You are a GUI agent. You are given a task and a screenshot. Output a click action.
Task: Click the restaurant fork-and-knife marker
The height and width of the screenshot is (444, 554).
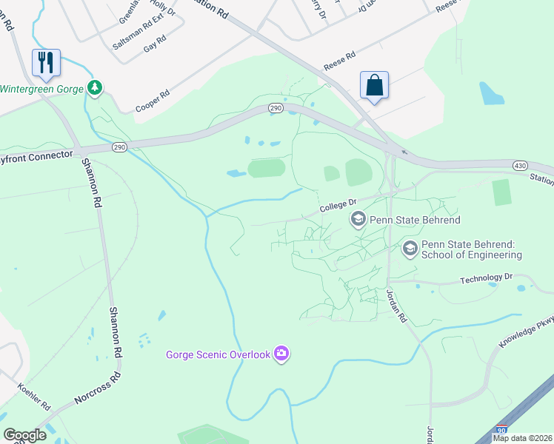(46, 62)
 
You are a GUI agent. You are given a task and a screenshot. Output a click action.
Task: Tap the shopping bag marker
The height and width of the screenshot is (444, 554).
(374, 84)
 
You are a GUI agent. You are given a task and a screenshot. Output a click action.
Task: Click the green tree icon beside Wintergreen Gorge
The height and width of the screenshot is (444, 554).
(94, 89)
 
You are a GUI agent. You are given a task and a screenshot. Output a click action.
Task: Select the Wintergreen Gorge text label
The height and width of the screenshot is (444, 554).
(41, 89)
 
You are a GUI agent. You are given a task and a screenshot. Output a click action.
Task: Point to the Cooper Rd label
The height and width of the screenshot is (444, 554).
(153, 102)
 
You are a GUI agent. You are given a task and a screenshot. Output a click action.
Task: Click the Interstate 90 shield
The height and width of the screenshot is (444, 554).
(501, 430)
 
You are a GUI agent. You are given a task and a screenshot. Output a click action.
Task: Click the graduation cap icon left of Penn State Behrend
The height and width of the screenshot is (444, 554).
(358, 219)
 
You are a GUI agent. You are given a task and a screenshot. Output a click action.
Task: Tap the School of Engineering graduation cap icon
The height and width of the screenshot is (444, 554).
(410, 250)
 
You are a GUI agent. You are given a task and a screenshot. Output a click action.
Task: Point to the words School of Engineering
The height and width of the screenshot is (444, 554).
(471, 255)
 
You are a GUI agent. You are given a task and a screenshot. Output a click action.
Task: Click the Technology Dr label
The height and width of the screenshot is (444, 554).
(486, 279)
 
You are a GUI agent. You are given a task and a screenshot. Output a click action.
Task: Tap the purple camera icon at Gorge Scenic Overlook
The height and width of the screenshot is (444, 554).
(281, 354)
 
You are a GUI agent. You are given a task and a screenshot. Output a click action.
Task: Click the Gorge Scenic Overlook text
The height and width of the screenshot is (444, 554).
(218, 354)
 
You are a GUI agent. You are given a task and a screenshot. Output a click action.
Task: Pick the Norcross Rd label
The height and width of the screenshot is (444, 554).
(98, 388)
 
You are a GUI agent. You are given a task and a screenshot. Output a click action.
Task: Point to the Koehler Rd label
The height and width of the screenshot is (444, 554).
(33, 397)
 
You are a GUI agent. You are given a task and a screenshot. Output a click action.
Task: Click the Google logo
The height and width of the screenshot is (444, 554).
(24, 435)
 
